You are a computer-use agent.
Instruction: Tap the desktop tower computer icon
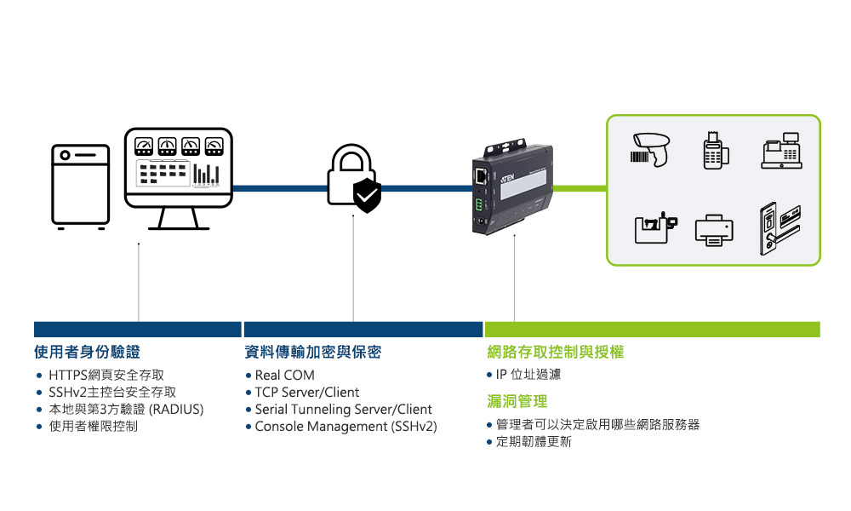pos(81,186)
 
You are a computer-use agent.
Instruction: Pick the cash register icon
pos(781,151)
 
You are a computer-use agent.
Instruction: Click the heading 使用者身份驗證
pos(87,353)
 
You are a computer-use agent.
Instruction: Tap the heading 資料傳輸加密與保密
pos(312,353)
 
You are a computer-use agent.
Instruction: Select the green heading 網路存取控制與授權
pos(555,353)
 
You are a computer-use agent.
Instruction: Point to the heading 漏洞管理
pos(517,401)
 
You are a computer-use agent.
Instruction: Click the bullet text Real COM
pos(284,376)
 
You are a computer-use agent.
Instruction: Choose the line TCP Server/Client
pos(307,393)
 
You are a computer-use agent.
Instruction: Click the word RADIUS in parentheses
pos(176,410)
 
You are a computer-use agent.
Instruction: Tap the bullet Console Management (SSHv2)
pos(346,427)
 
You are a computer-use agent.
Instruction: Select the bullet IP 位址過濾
pos(528,376)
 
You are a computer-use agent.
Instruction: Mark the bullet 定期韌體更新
pos(534,442)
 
